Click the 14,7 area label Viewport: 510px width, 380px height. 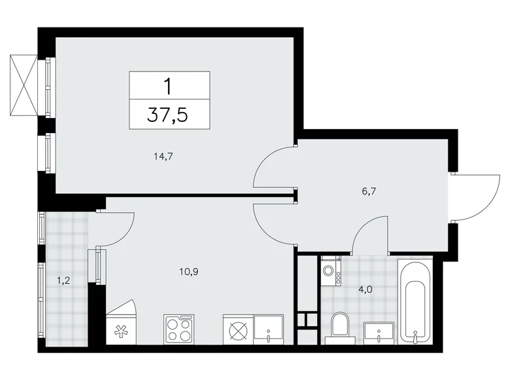(164, 157)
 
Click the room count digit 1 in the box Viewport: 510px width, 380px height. (169, 85)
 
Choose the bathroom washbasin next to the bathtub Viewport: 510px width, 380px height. (379, 332)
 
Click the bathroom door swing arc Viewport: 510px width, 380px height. (369, 235)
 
